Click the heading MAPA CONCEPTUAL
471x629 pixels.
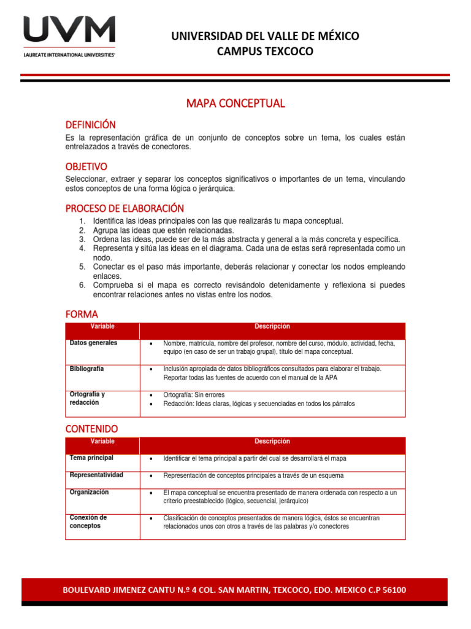pos(235,103)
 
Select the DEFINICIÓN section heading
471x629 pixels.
pos(90,125)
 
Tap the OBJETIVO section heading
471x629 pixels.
pos(86,166)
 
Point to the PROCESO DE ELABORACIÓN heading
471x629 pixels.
pos(124,208)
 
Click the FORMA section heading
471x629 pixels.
pos(82,314)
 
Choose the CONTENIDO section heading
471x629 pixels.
pos(91,428)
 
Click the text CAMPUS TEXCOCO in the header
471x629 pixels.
pos(265,52)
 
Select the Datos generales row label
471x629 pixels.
pos(93,343)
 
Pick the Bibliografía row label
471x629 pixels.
pos(86,369)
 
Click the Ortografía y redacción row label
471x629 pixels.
pos(87,398)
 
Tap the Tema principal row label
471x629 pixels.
pos(91,458)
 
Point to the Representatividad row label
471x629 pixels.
pos(96,475)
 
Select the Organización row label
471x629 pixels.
pos(89,491)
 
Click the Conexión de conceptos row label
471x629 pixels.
pos(88,522)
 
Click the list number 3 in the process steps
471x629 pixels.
pos(82,239)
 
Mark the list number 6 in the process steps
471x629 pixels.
pos(82,285)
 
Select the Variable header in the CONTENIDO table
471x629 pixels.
pos(102,441)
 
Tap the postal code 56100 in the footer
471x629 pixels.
pos(389,590)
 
